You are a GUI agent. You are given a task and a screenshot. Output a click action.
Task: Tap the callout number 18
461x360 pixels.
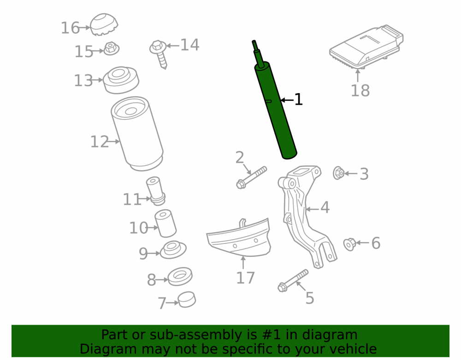[x=360, y=90]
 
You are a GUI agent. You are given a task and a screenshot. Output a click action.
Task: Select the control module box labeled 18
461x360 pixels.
[x=366, y=47]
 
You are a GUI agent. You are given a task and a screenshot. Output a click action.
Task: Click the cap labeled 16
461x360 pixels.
[x=103, y=24]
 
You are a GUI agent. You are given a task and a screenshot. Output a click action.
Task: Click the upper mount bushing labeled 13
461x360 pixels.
[x=121, y=80]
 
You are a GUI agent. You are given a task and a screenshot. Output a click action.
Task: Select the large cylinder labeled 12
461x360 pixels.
[x=137, y=134]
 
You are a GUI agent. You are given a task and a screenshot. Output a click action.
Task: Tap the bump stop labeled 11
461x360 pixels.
[x=155, y=191]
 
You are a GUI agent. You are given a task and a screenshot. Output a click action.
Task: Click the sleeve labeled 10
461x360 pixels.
[x=165, y=224]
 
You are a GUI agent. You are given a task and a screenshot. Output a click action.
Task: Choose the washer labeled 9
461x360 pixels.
[x=173, y=250]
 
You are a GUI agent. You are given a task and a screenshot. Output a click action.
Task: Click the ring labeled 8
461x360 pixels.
[x=180, y=277]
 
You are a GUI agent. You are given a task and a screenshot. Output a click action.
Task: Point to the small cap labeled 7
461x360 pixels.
[x=187, y=300]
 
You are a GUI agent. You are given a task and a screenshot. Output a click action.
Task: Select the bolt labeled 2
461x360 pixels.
[x=251, y=177]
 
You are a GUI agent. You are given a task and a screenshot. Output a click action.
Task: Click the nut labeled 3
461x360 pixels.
[x=338, y=173]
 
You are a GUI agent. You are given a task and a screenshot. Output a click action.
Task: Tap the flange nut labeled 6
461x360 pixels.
[x=349, y=244]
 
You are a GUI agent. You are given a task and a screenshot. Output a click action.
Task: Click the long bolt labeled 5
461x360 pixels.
[x=293, y=281]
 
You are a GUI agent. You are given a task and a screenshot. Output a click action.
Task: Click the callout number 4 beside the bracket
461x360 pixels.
[x=325, y=207]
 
